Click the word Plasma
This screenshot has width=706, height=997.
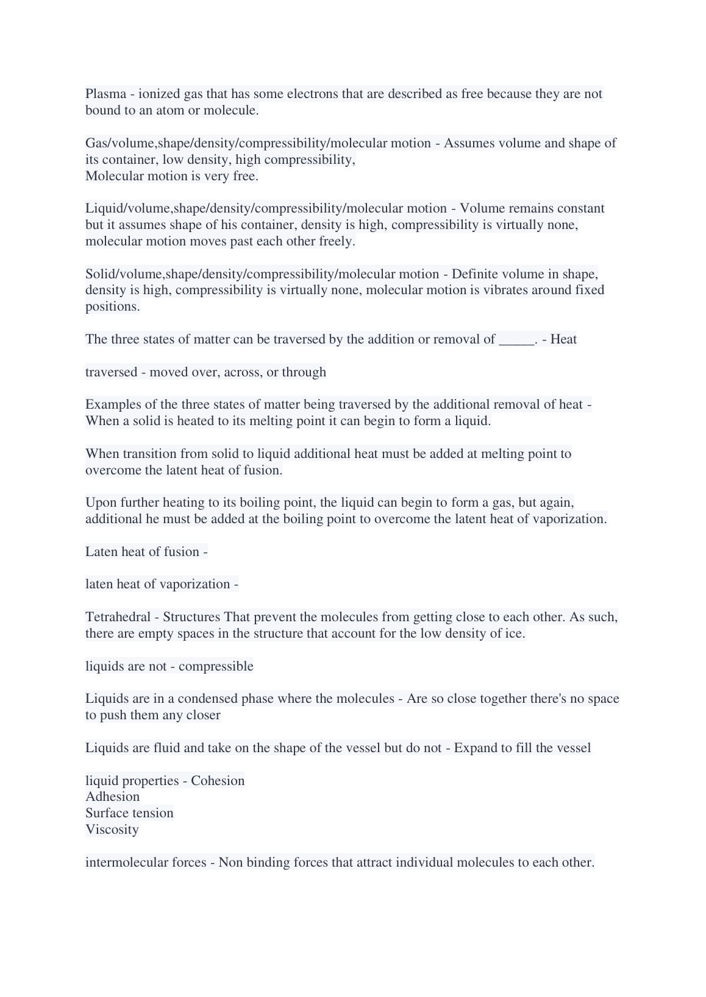[105, 94]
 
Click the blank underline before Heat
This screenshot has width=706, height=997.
[516, 340]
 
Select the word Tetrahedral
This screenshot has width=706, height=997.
[118, 617]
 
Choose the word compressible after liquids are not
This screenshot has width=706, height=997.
[216, 666]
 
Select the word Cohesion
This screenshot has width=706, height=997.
[218, 781]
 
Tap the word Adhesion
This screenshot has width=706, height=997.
[113, 797]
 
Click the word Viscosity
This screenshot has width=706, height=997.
[112, 830]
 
